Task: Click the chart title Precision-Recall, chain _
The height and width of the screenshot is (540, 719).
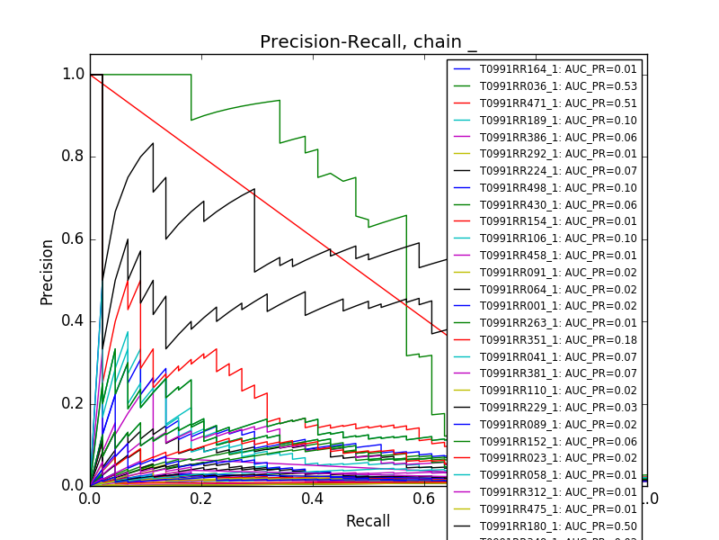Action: coord(368,42)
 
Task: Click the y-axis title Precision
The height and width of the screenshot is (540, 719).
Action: coord(47,271)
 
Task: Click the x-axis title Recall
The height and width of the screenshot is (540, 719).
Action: coord(368,521)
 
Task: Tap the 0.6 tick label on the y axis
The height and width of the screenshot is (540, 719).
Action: coord(73,238)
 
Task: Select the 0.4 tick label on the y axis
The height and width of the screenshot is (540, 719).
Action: coord(73,321)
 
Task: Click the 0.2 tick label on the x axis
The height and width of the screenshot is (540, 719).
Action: coord(201,499)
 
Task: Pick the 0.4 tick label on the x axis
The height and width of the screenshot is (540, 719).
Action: coord(313,499)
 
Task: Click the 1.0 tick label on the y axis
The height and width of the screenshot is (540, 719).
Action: coord(73,74)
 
